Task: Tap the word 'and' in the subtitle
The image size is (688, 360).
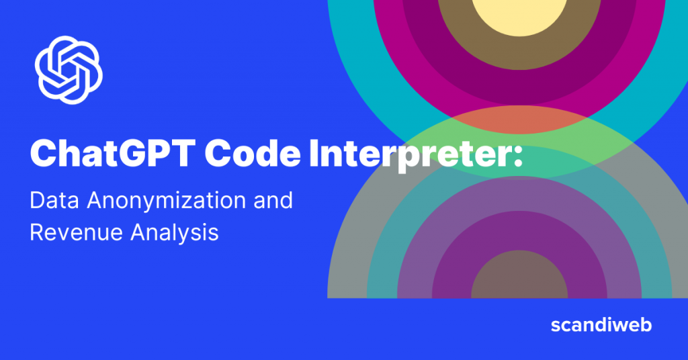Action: point(272,201)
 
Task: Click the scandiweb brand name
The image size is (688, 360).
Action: point(601,326)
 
